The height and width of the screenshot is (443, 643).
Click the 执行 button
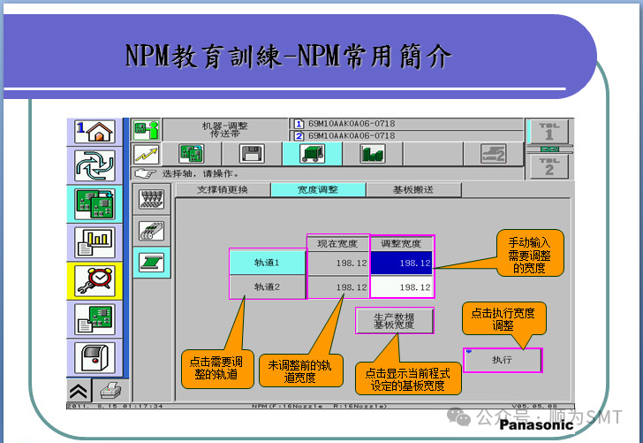(x=503, y=360)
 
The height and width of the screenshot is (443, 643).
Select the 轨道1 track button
(x=267, y=263)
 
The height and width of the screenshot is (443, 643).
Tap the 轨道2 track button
(x=267, y=287)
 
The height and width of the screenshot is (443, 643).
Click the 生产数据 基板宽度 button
(x=394, y=321)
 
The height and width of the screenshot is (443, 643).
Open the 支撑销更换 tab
(x=222, y=190)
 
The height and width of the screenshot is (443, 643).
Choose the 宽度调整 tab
(x=317, y=190)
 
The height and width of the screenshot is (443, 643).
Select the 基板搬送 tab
(x=412, y=190)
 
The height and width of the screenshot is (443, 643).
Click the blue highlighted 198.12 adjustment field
(x=401, y=263)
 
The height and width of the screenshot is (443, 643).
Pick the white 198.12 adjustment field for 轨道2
(x=401, y=287)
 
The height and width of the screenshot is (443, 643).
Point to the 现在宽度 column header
(x=337, y=243)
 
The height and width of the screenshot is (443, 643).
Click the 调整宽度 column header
(x=401, y=243)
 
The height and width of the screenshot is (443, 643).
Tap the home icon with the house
(x=95, y=133)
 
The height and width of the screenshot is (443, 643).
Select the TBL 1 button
(x=549, y=132)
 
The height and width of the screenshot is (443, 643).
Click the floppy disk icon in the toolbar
(x=252, y=153)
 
